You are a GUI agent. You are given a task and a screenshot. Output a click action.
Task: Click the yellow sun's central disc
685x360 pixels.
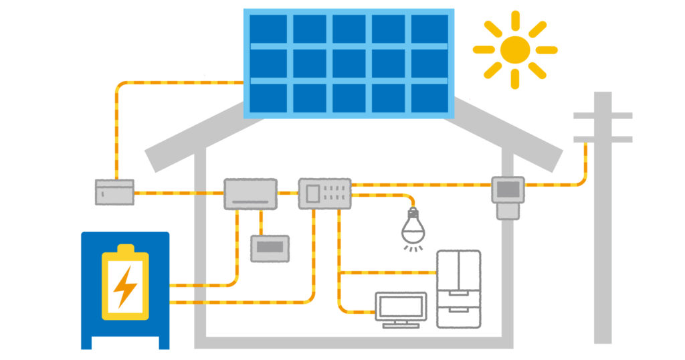pos(514,50)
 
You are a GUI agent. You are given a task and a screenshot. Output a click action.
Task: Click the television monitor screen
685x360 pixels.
pos(401,306)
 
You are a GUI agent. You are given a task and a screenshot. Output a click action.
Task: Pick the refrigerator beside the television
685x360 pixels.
pos(458,288)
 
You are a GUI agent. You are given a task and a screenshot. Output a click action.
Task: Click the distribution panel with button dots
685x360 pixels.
pos(324,194)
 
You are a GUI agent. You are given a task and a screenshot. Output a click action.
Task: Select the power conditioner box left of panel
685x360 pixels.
pos(250,194)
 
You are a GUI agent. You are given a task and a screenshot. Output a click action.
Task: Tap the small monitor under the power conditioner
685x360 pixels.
pos(270,248)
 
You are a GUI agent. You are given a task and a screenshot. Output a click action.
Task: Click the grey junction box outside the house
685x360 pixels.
pos(114,192)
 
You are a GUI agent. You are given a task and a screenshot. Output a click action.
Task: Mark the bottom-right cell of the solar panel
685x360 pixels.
pos(429,98)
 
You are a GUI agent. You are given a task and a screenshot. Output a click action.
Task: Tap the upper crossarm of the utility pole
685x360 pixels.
pos(603,116)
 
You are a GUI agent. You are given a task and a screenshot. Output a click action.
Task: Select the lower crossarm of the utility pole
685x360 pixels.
pos(603,139)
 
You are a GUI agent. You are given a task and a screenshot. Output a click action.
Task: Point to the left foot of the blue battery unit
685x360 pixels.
pos(86,342)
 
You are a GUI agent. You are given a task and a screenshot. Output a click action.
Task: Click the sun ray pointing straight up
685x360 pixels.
pos(514,19)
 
